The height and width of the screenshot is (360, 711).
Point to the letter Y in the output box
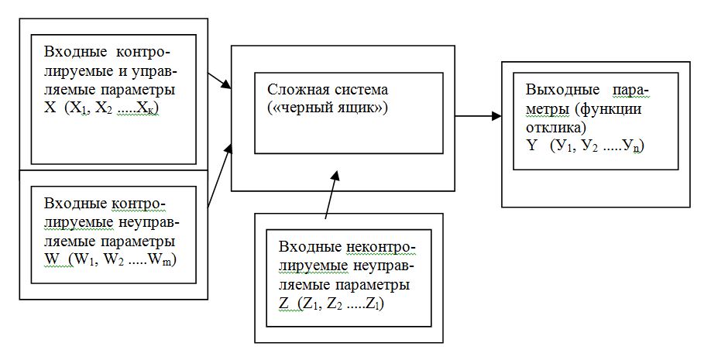click(x=531, y=145)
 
